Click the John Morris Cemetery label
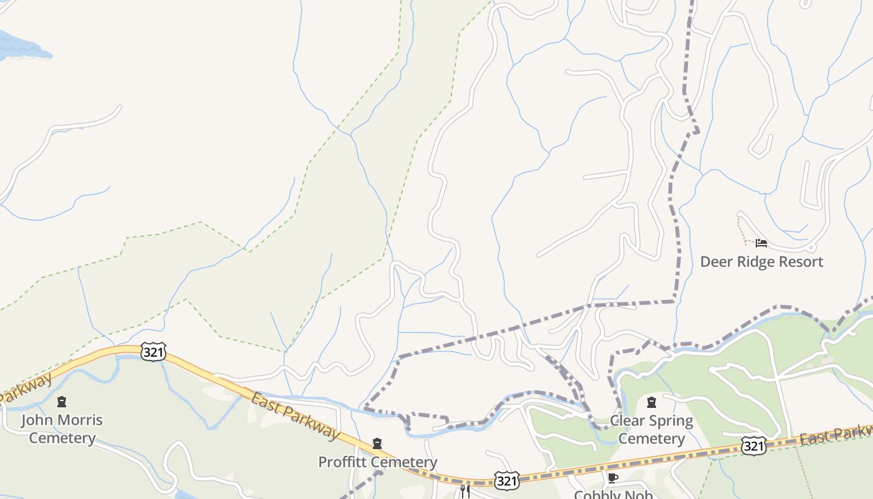[x=62, y=429]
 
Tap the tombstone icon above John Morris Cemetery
[x=62, y=401]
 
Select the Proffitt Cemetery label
[x=377, y=462]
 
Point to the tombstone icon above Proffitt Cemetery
[x=377, y=444]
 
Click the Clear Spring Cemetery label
[x=652, y=429]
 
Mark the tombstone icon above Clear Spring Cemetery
[x=652, y=402]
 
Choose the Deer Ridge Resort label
[x=761, y=261]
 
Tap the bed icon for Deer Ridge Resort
[x=761, y=243]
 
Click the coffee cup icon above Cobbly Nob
[x=613, y=478]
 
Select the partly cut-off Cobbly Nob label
[x=613, y=494]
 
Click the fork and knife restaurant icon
[x=465, y=492]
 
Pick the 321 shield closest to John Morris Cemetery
[x=153, y=352]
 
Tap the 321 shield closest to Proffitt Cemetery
[x=507, y=480]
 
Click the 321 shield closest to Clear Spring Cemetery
[x=754, y=445]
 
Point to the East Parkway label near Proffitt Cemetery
[x=296, y=416]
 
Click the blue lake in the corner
[x=19, y=47]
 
